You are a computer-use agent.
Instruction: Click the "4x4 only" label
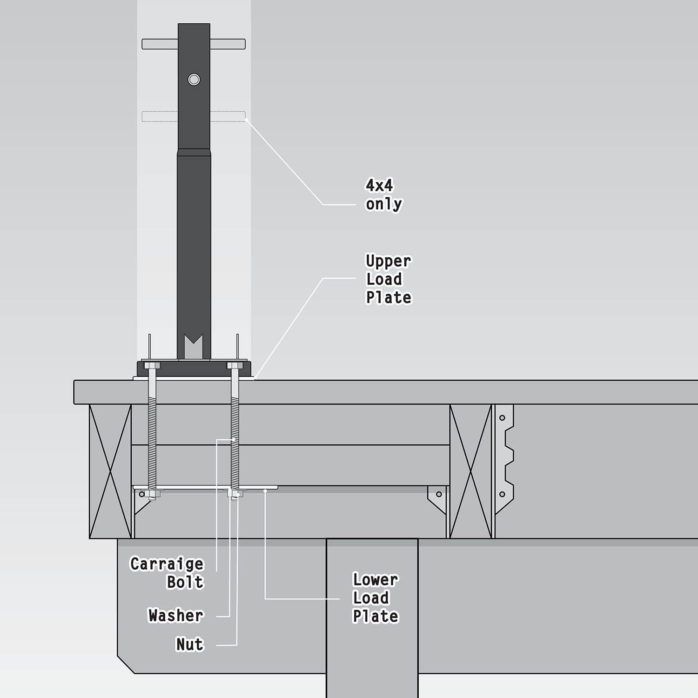click(384, 195)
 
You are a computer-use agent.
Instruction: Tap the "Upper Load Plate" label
click(389, 279)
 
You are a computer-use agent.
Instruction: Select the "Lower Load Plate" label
click(376, 598)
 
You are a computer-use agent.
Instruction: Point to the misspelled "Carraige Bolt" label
click(167, 573)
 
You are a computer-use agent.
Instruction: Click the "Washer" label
click(176, 615)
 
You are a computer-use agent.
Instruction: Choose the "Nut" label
click(190, 644)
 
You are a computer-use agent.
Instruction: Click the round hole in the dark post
click(194, 79)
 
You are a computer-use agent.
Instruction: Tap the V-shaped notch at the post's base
click(194, 347)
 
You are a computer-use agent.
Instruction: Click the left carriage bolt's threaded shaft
click(152, 428)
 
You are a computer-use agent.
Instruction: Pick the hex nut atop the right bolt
click(235, 365)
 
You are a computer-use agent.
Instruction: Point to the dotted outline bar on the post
click(194, 116)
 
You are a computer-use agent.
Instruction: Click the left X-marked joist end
click(110, 471)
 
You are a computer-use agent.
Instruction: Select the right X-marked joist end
click(470, 471)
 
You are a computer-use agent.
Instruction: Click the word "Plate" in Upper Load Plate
click(389, 297)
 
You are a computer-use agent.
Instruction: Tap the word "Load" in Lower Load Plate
click(371, 598)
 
